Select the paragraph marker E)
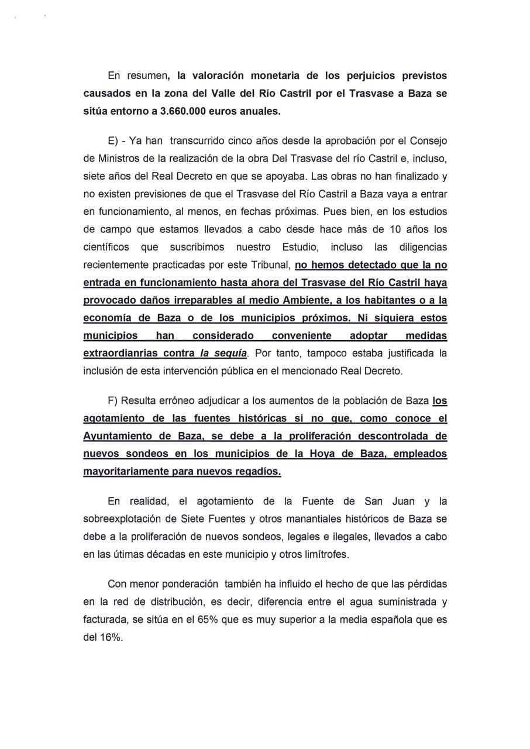click(113, 141)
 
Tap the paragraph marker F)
click(113, 401)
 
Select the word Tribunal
click(271, 265)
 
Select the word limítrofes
click(325, 554)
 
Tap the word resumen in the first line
click(144, 76)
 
